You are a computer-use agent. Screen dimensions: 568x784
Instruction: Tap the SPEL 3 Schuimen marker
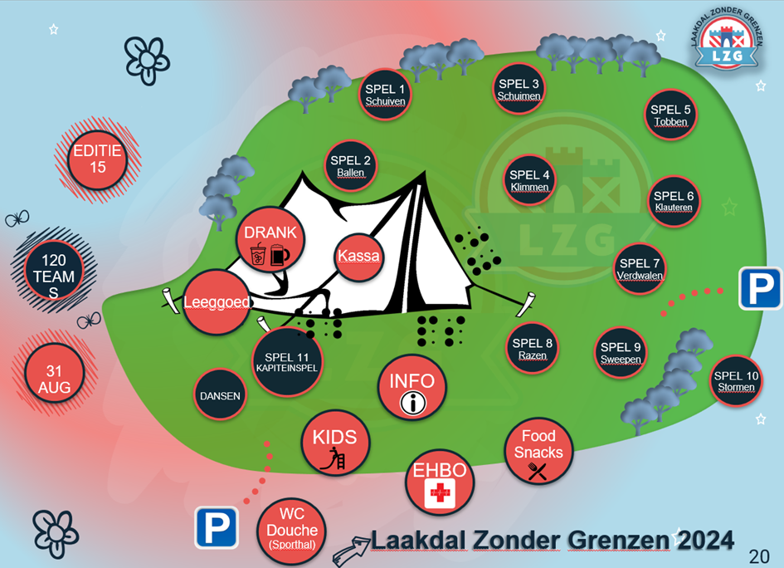(519, 89)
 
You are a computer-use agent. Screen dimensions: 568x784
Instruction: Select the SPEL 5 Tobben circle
(670, 115)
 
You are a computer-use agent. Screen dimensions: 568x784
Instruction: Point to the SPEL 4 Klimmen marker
(530, 180)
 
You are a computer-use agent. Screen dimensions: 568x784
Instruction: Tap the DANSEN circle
(220, 396)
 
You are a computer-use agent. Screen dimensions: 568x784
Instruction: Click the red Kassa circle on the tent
(359, 256)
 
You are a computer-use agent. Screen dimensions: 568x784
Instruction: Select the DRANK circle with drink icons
(270, 242)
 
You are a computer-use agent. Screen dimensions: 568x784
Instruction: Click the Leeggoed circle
(217, 303)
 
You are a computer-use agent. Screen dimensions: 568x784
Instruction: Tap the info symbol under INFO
(412, 404)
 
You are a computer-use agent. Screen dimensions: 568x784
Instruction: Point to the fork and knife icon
(538, 472)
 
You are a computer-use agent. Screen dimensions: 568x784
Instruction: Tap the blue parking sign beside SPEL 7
(760, 289)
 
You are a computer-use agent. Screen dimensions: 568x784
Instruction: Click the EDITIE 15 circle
(97, 159)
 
